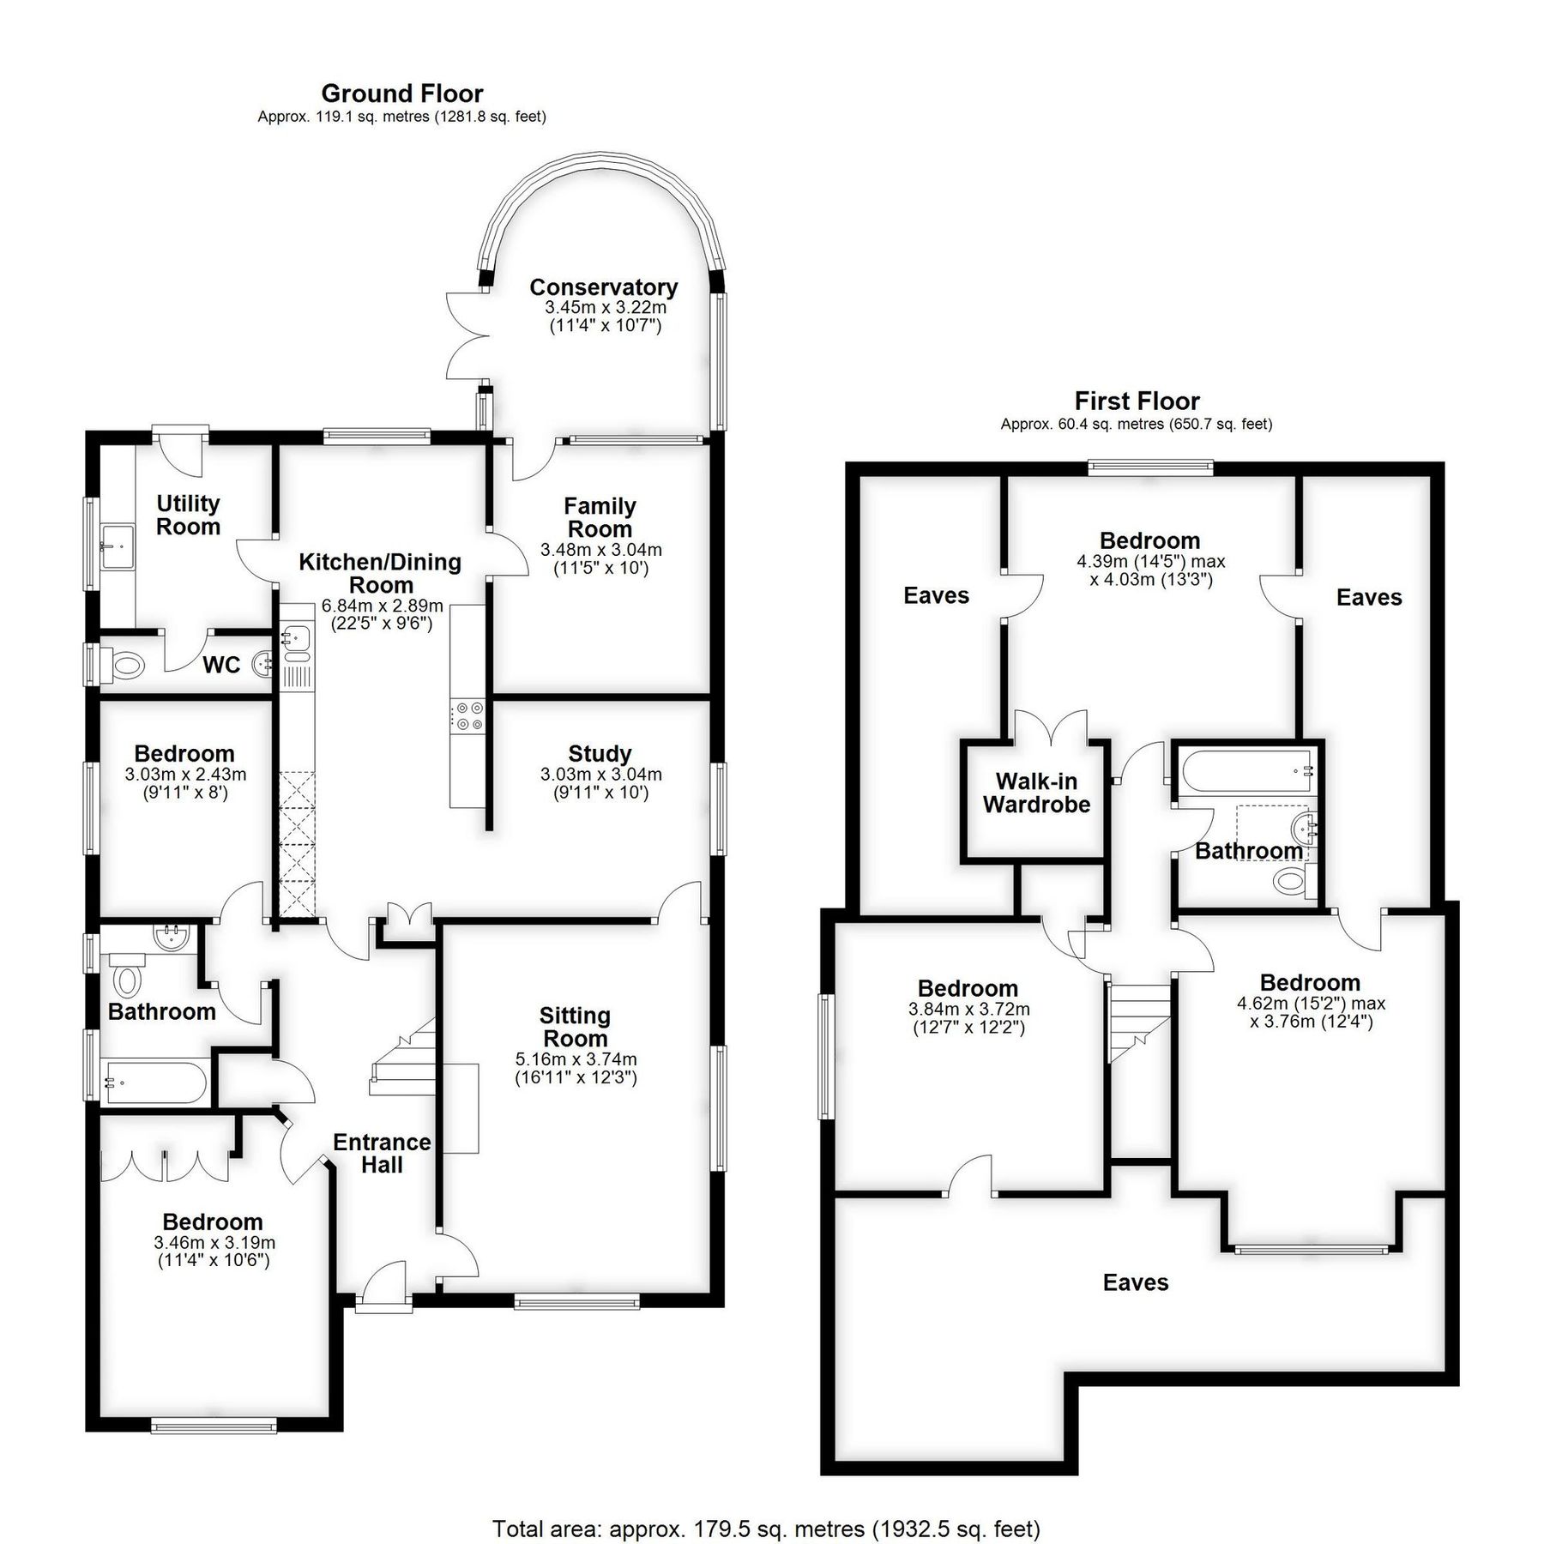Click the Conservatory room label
coord(603,287)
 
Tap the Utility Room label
coord(188,515)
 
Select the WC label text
coord(220,665)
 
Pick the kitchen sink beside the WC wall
coord(297,637)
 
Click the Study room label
coord(600,753)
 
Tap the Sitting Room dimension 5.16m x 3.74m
coord(576,1059)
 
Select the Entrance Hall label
coord(382,1153)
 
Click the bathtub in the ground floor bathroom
coord(154,1083)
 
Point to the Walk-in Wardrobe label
coord(1036,793)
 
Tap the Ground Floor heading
coord(401,93)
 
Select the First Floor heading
coord(1137,401)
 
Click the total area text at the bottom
coord(765,1505)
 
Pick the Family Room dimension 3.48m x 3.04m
coord(600,550)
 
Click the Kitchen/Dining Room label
coord(380,573)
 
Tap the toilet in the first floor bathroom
coord(1291,880)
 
